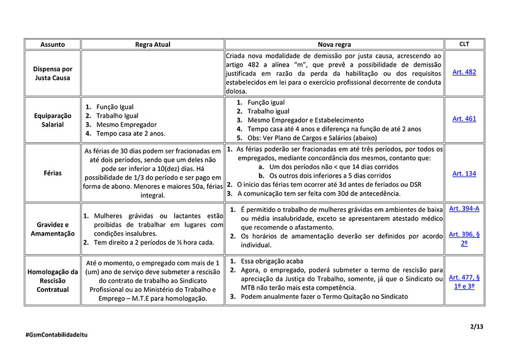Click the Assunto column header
tap(52, 44)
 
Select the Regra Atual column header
tap(153, 44)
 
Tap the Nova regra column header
tap(334, 44)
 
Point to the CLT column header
tap(464, 44)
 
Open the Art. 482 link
tap(464, 72)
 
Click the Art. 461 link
tap(464, 119)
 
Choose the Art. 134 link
tap(464, 174)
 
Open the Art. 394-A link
tap(464, 209)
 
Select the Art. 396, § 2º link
tap(464, 238)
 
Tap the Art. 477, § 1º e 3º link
tap(464, 282)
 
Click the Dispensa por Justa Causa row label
tap(52, 73)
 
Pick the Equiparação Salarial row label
tap(52, 120)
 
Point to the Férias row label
tap(52, 173)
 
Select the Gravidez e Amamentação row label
tap(52, 229)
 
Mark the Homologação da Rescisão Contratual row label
tap(52, 281)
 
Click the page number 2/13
tap(477, 326)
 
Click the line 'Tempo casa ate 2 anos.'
tap(131, 133)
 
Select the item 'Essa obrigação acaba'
tap(272, 261)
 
